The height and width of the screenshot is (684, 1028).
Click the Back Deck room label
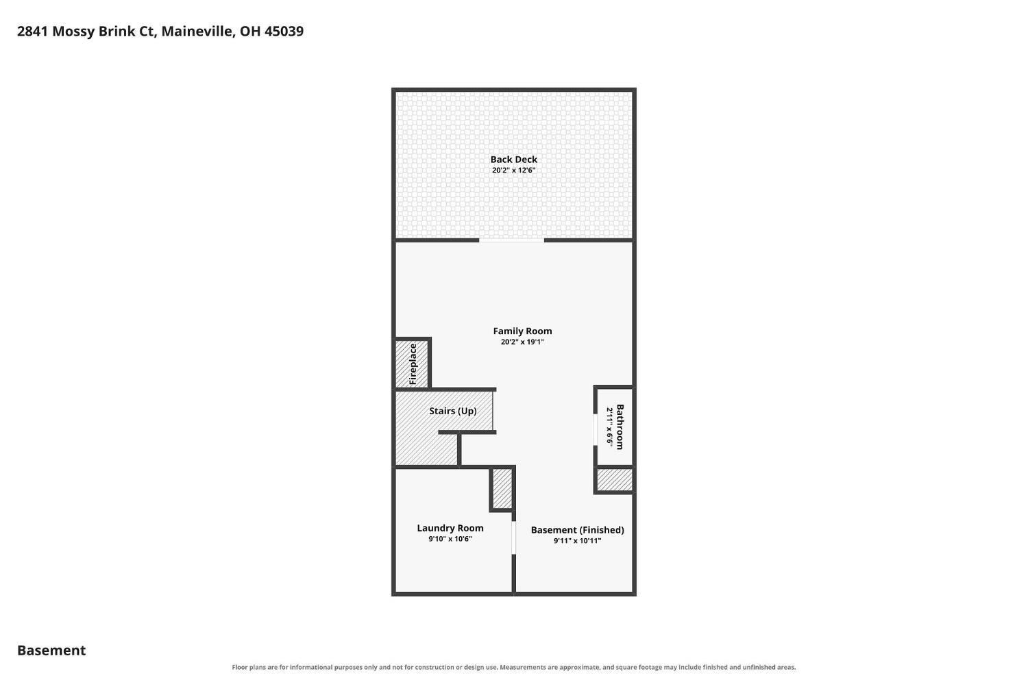(513, 159)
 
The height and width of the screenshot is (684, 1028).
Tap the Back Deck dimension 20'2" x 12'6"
(513, 170)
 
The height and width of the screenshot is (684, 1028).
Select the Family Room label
(522, 331)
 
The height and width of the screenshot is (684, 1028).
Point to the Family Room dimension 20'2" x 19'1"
(522, 342)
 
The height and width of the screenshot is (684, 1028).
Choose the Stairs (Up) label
(453, 411)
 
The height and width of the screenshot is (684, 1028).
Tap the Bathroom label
(620, 427)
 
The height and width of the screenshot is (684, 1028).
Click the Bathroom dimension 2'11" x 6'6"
(609, 427)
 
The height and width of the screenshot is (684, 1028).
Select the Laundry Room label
(450, 528)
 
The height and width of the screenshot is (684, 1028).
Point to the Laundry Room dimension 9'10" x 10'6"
(450, 539)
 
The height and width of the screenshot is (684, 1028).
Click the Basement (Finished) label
(577, 530)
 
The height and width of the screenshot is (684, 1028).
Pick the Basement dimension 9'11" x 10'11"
(577, 540)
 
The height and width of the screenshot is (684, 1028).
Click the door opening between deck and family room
(512, 240)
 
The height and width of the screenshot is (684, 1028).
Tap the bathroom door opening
(596, 429)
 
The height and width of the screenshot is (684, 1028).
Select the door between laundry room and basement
(514, 537)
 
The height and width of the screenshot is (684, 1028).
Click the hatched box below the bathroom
(615, 479)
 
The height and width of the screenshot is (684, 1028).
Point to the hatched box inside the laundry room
(502, 488)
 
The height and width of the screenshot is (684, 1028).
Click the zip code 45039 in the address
(284, 31)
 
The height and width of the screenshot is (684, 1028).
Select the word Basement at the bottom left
(51, 650)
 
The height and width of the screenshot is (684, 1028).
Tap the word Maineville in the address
(198, 31)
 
